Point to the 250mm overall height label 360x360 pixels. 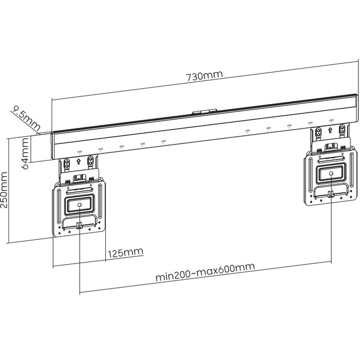coord(6,189)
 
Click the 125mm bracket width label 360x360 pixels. coord(125,253)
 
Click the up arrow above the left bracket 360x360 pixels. coord(79,163)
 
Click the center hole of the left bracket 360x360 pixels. coord(79,205)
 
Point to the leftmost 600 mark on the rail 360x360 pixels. coord(79,152)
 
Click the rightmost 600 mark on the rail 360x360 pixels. coord(331,120)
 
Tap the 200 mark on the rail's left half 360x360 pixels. coord(163,142)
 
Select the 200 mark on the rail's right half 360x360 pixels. coord(248,131)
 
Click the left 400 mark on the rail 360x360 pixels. coord(121,147)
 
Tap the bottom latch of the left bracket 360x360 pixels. coord(79,225)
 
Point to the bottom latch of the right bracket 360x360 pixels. coord(331,194)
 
